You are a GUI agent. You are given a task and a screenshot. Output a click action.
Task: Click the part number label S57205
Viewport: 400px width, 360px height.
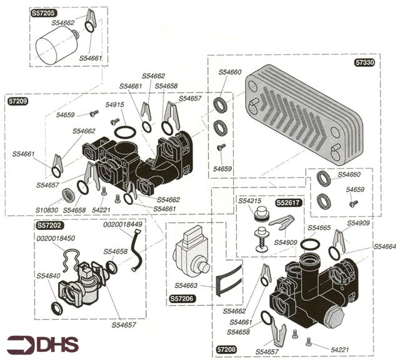44,12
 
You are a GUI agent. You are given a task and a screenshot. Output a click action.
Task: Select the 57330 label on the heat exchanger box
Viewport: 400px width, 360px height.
364,62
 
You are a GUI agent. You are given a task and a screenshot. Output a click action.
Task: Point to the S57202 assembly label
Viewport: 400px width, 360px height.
50,225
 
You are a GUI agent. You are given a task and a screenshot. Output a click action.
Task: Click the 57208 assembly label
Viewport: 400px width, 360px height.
226,349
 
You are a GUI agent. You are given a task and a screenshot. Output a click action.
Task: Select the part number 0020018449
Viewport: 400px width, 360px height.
124,224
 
